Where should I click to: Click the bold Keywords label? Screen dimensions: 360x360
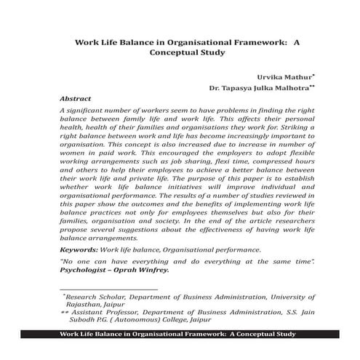pos(79,249)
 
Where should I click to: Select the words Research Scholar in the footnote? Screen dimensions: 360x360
pos(95,297)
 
